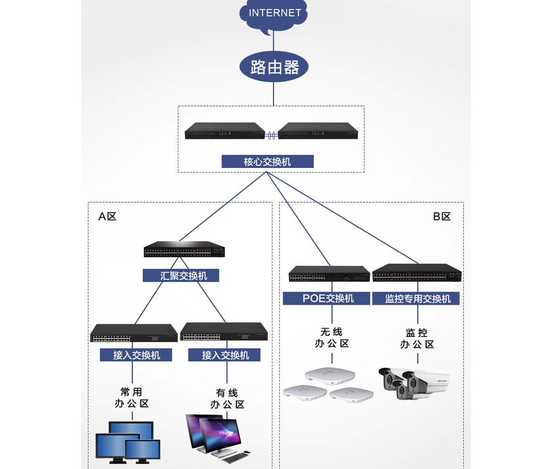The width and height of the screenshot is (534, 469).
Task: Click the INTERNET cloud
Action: click(x=274, y=15)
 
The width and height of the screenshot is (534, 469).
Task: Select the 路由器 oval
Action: click(x=274, y=67)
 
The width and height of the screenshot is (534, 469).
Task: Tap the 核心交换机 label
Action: click(x=267, y=162)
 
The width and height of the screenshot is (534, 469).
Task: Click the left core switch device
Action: click(x=225, y=132)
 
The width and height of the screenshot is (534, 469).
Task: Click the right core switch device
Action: click(x=318, y=132)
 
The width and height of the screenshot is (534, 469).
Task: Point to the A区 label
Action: click(x=108, y=216)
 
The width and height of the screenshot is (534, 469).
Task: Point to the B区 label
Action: click(x=442, y=216)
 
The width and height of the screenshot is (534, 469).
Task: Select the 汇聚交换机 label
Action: click(x=181, y=276)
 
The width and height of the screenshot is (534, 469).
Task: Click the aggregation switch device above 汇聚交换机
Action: click(x=184, y=250)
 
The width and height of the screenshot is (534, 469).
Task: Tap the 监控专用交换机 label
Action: click(x=418, y=298)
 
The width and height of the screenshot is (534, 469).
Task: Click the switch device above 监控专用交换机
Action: click(x=417, y=273)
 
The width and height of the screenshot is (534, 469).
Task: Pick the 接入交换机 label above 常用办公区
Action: click(x=137, y=355)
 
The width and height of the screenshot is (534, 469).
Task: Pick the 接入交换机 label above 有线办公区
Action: click(x=226, y=355)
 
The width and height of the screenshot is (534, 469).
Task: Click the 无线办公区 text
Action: click(x=332, y=337)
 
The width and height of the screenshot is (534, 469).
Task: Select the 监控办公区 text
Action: click(x=417, y=338)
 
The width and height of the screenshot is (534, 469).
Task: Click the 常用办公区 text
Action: click(x=132, y=398)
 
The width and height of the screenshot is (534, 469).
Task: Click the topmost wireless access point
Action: click(x=330, y=375)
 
